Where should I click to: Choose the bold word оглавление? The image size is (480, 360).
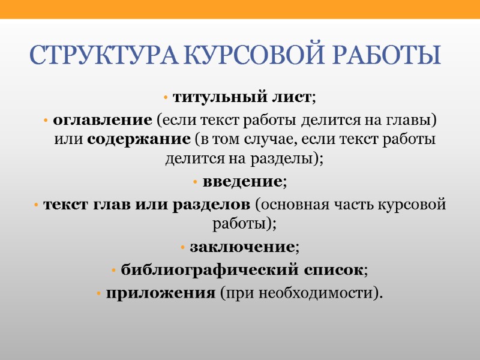[103, 120]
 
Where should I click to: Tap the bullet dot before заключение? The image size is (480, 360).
[184, 247]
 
